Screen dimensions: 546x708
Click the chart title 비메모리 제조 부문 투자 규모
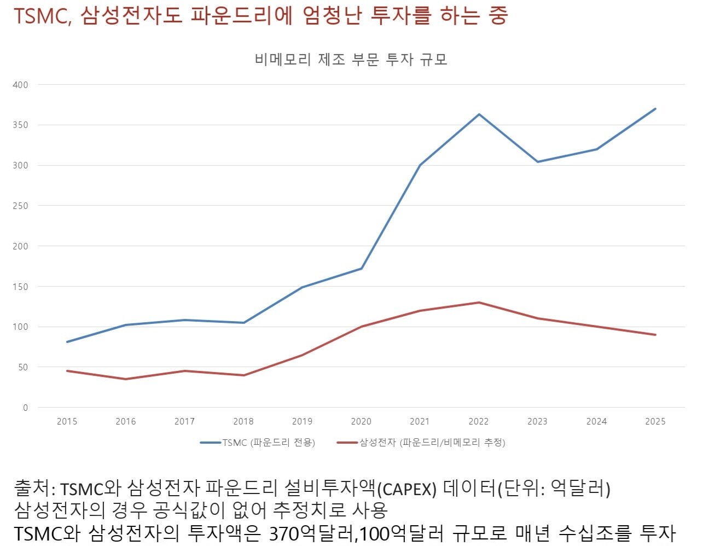(x=351, y=59)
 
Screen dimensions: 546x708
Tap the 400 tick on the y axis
(x=21, y=85)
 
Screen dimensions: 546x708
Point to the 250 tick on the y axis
(x=21, y=206)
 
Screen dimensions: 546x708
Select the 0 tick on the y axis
(x=25, y=408)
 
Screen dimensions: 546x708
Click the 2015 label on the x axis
(x=67, y=421)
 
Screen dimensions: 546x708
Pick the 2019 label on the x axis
(x=302, y=421)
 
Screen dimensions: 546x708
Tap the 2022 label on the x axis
(x=479, y=421)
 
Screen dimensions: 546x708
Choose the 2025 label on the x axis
(x=655, y=421)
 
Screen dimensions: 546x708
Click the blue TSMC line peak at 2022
(x=479, y=114)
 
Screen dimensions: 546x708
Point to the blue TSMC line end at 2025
(x=655, y=109)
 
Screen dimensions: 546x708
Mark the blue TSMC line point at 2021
(x=420, y=165)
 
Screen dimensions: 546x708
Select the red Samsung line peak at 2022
(x=479, y=303)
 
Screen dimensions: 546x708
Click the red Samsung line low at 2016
(x=126, y=379)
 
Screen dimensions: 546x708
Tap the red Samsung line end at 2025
(x=655, y=335)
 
